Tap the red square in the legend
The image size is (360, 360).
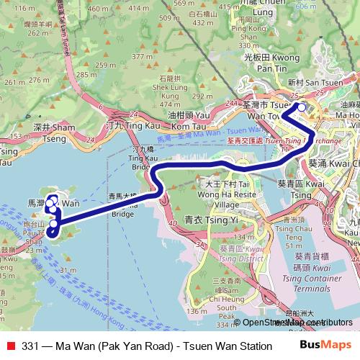tap(10, 346)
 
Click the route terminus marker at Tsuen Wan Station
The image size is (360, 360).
tap(301, 108)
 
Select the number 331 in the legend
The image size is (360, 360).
tap(30, 346)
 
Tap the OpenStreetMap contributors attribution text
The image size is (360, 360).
tap(294, 323)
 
